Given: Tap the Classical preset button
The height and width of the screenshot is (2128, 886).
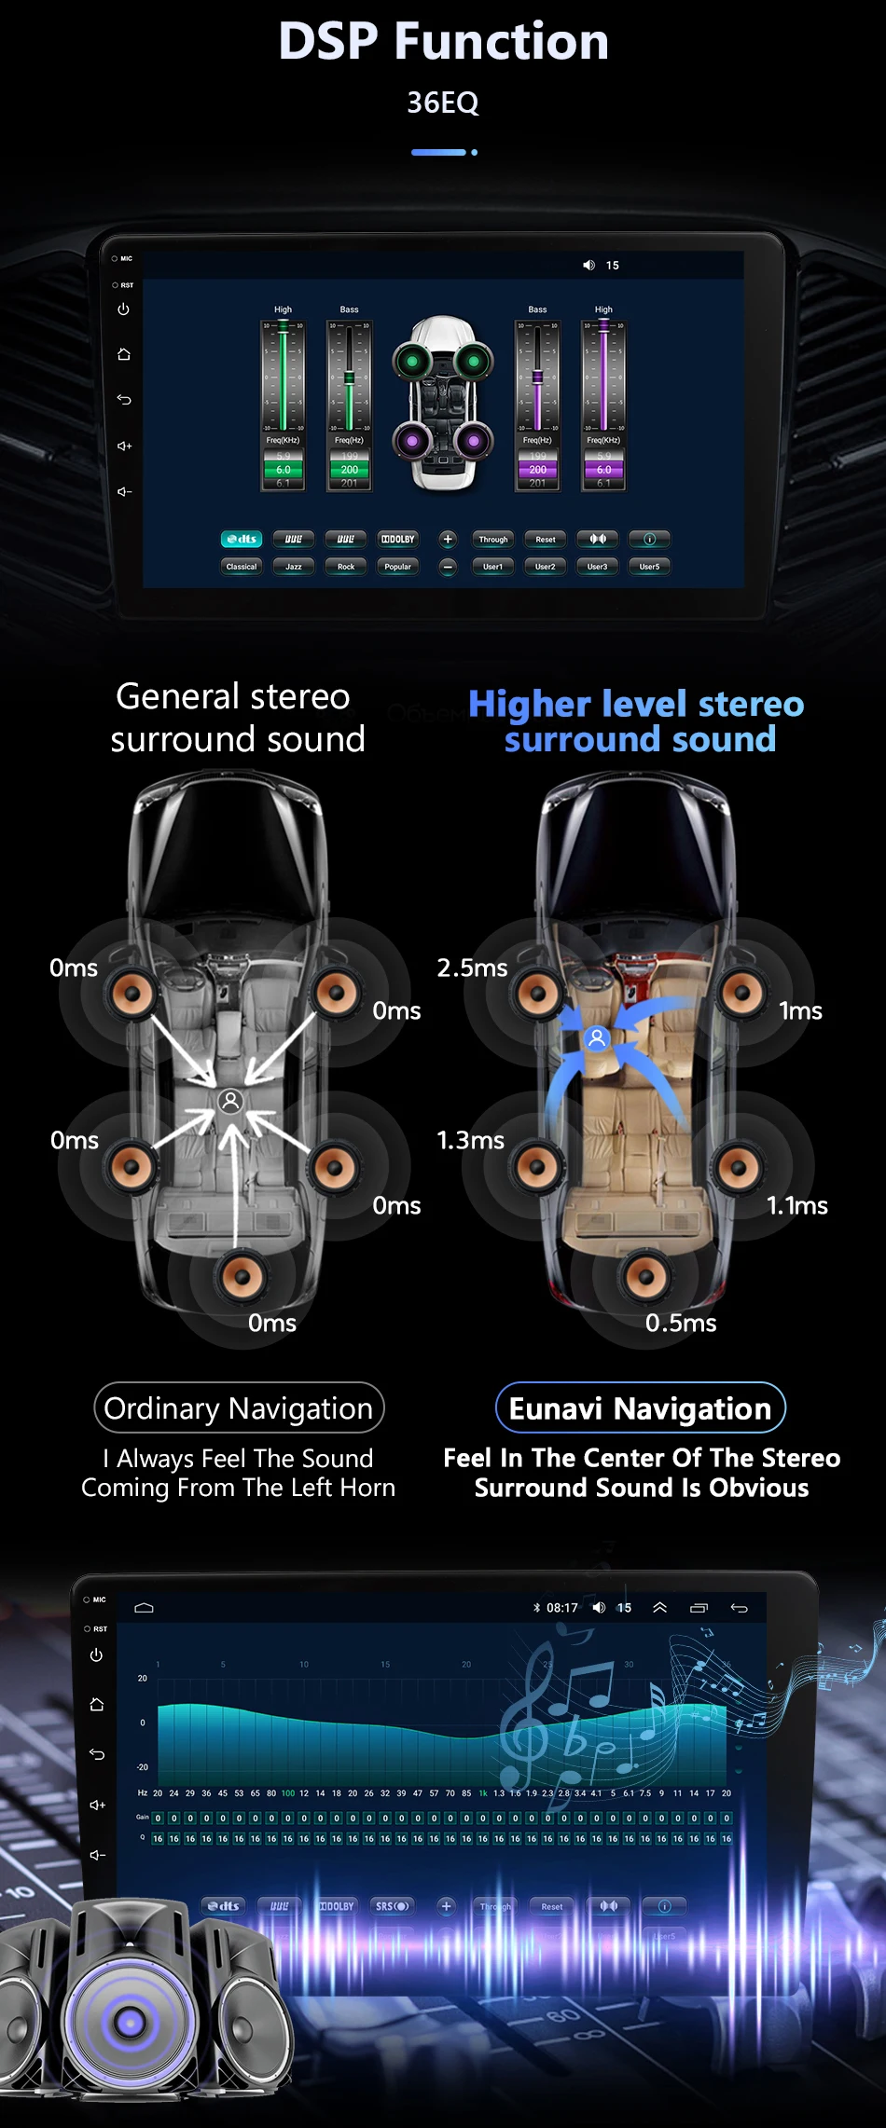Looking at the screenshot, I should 242,567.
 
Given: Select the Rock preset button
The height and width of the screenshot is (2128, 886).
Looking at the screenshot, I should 346,567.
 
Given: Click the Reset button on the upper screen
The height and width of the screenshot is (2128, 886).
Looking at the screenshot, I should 546,540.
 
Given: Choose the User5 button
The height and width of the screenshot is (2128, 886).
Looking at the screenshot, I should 650,567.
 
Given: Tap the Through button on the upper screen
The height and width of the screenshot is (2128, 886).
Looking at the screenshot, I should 493,540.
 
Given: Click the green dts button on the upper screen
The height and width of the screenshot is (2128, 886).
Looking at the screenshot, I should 242,540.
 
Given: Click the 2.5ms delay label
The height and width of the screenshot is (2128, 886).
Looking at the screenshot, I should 472,968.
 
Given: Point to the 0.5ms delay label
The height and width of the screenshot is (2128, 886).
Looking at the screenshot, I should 681,1324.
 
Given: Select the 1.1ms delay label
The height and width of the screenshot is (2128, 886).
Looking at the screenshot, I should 797,1206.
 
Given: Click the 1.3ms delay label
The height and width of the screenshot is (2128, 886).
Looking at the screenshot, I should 470,1141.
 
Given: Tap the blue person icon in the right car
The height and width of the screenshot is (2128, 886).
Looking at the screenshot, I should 597,1037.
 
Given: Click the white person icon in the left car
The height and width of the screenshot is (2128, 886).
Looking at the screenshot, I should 230,1101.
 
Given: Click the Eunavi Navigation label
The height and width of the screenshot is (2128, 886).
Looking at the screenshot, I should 640,1408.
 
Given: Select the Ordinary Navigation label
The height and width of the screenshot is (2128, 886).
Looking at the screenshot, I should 239,1408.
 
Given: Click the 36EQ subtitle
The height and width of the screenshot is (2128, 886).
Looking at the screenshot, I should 443,103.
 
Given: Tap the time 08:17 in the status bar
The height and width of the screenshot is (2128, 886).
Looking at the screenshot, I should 562,1608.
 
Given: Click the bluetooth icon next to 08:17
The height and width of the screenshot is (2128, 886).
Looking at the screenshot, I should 536,1608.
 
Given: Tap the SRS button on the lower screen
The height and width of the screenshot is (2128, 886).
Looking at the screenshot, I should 392,1906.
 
